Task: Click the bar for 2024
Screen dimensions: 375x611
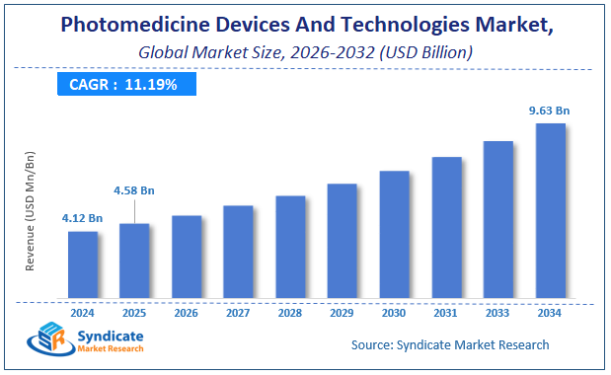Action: tap(83, 263)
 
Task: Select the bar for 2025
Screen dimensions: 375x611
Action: tap(134, 260)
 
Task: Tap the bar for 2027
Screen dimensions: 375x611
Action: tap(238, 251)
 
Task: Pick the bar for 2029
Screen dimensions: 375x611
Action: tap(343, 240)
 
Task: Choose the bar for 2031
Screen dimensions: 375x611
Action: tap(446, 226)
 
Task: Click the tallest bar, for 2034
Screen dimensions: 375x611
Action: tap(550, 209)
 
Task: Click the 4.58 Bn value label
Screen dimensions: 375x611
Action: tap(135, 189)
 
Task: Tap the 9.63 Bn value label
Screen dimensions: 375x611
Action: tap(550, 111)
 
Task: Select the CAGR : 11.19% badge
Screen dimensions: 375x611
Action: tap(123, 84)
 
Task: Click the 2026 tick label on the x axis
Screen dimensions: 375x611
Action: tap(187, 313)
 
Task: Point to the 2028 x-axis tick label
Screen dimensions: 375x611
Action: tap(290, 313)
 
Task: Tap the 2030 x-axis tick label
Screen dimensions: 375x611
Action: tap(394, 313)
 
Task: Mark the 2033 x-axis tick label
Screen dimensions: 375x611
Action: tap(498, 313)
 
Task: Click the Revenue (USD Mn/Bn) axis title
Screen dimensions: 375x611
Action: tap(31, 211)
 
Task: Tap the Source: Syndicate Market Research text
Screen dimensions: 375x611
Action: tap(450, 344)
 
